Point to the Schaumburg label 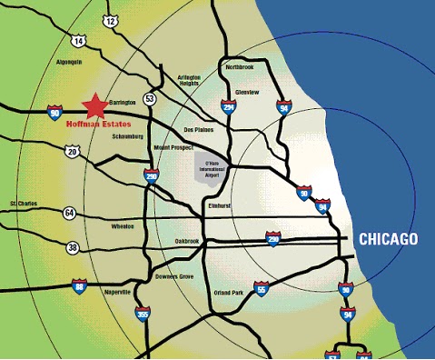click(126, 136)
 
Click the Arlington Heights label click(189, 81)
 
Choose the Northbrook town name click(241, 67)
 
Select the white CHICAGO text click(388, 239)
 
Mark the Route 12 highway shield click(111, 20)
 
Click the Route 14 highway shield click(79, 41)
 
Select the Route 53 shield click(150, 98)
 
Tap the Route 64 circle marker click(69, 213)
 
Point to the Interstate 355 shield click(143, 315)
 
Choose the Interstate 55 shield click(262, 289)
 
